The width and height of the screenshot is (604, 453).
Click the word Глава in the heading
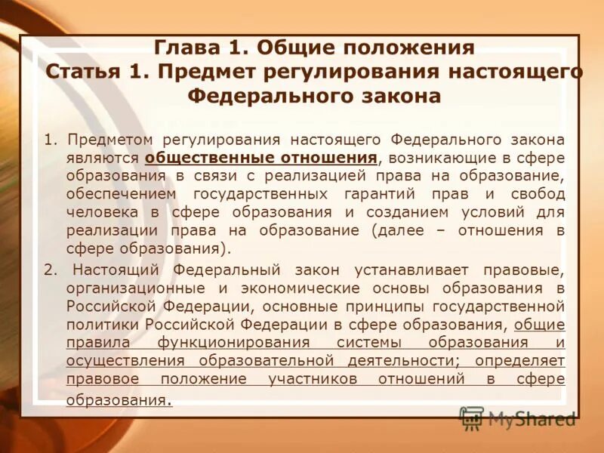(186, 48)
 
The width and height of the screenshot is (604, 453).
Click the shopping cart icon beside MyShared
(472, 418)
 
